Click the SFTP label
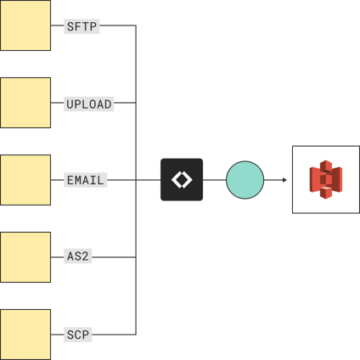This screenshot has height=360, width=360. pos(82,26)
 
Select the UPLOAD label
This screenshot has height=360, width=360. pos(89,104)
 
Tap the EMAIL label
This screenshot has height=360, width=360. pos(86,180)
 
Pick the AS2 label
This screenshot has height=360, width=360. pos(79,256)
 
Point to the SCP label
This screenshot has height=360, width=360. pos(78,335)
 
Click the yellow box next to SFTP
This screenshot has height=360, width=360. pos(25,25)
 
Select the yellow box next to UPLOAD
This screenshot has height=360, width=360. pos(25,103)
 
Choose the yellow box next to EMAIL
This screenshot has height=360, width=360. pos(25,180)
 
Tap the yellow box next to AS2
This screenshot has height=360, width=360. pos(25,256)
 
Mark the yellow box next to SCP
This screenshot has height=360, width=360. pos(25,334)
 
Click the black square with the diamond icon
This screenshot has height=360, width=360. pos(182,180)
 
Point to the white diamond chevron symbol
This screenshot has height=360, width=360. pos(182,180)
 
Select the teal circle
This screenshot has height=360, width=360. pos(245,180)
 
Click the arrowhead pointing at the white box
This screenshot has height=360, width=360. pos(284,180)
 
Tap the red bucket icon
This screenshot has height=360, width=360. pos(325,179)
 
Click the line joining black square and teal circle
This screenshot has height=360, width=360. pos(215,180)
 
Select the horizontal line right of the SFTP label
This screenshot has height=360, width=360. pos(119,25)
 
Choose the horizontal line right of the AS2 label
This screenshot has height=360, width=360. pos(115,256)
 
